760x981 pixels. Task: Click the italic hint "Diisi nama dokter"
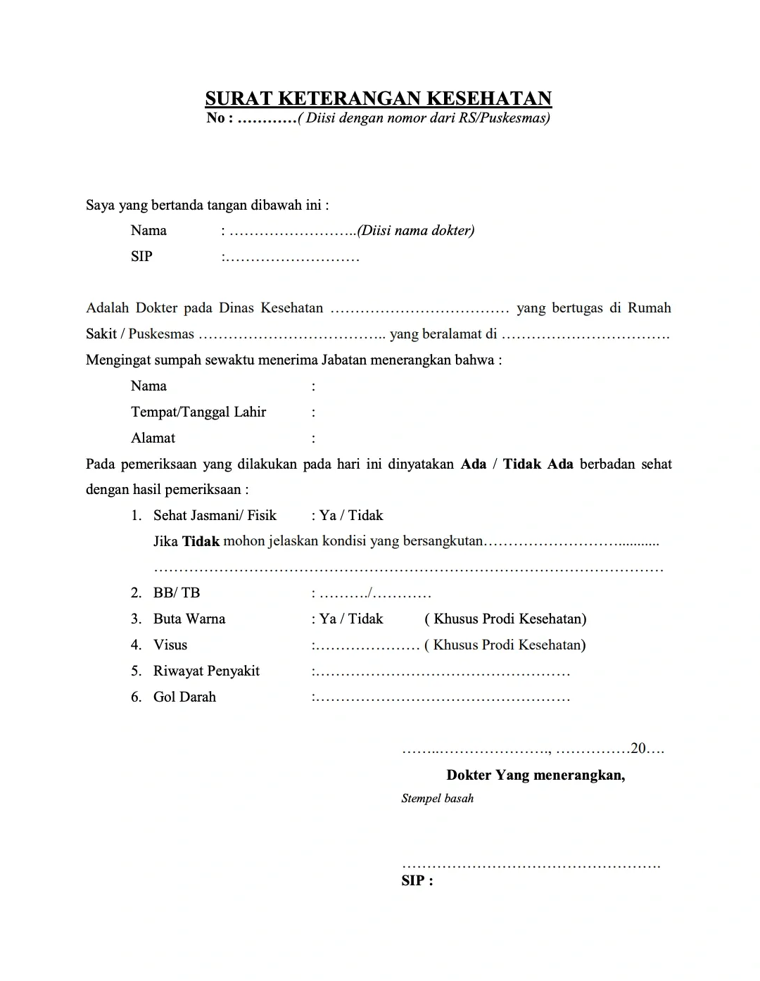click(x=417, y=231)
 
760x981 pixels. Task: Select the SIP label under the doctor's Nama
click(x=141, y=256)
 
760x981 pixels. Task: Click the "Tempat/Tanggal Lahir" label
click(x=198, y=412)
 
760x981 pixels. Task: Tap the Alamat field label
click(x=153, y=438)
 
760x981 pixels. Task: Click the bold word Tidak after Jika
click(x=201, y=541)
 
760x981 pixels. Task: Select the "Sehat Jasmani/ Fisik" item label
click(x=215, y=515)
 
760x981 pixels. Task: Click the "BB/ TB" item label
click(x=177, y=593)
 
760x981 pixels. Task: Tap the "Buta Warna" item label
click(x=189, y=619)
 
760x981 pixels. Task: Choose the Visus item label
click(x=170, y=645)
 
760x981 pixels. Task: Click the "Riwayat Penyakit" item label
click(x=206, y=671)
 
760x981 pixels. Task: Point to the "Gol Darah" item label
click(x=184, y=697)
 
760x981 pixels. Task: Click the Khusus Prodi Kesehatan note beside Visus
click(x=505, y=645)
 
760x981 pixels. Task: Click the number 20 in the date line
click(x=638, y=748)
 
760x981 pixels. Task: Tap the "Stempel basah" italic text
click(x=437, y=799)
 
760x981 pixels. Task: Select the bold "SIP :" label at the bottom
click(x=417, y=880)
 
